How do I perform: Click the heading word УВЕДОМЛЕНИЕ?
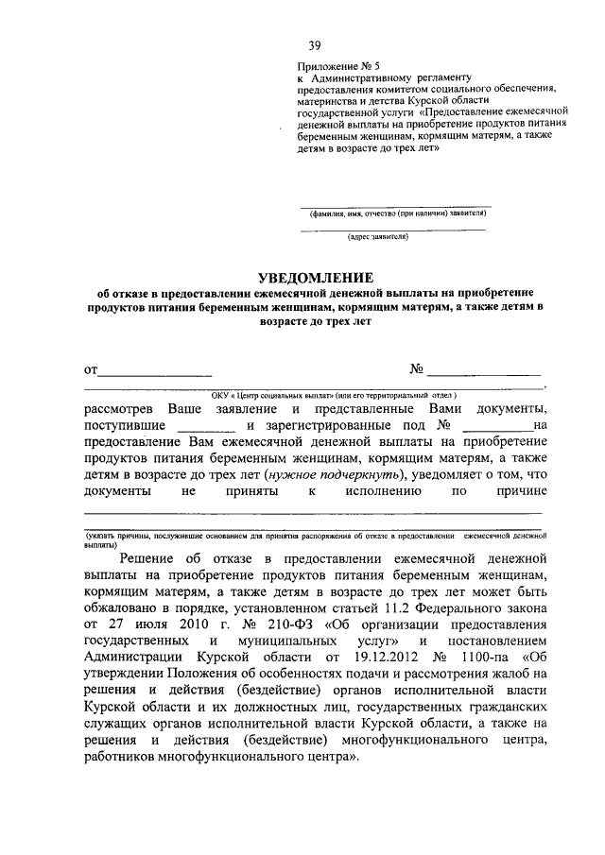click(317, 277)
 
